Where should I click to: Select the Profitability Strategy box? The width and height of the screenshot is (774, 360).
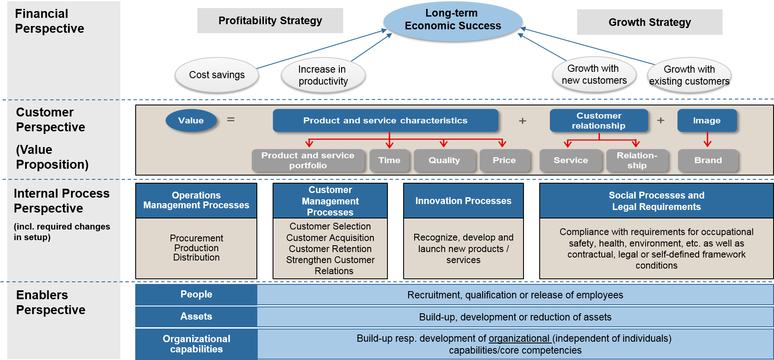(x=270, y=20)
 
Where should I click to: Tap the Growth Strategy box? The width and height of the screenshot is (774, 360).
(x=649, y=22)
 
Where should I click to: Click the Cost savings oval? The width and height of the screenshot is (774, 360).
(x=216, y=75)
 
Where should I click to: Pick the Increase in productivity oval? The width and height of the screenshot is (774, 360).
(x=323, y=75)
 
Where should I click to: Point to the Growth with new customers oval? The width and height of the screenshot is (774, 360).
(x=594, y=74)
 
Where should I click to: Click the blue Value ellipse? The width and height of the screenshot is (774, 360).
(x=191, y=120)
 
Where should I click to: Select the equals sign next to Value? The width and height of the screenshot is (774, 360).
(x=230, y=120)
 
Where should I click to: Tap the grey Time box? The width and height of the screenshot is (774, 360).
(x=389, y=160)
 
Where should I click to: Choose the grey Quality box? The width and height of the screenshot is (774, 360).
(x=444, y=160)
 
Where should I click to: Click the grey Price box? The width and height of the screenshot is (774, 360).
(x=504, y=160)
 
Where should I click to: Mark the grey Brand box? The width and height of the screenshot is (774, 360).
(x=708, y=160)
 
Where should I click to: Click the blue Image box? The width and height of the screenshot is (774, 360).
(x=706, y=120)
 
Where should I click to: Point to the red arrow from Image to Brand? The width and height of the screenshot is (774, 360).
(x=707, y=139)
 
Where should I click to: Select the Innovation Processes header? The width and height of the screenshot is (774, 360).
(x=463, y=201)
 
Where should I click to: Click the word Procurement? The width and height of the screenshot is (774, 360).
(x=196, y=238)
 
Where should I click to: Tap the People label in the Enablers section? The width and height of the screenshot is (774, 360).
(x=196, y=294)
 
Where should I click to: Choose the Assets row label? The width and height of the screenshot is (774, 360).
(x=196, y=316)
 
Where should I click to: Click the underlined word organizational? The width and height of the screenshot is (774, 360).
(x=519, y=338)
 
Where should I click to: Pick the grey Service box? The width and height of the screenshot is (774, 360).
(x=570, y=160)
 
